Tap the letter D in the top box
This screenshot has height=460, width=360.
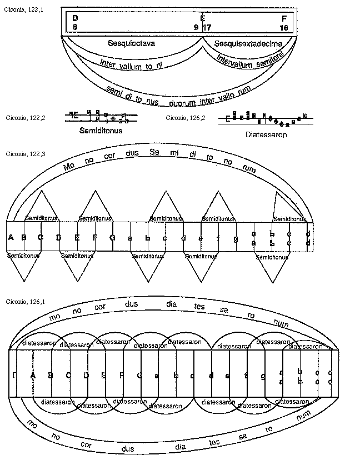pos(75,18)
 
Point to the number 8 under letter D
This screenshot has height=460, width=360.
pos(75,27)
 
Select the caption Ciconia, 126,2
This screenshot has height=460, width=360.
pos(186,117)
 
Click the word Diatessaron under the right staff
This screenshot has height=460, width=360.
pos(265,134)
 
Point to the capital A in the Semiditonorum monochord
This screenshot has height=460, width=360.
pos(11,238)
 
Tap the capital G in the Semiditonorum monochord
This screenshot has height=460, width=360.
pos(112,238)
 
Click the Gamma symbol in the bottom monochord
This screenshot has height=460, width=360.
pos(13,376)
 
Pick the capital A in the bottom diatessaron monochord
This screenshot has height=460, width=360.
pos(33,376)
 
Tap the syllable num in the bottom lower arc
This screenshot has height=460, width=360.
pos(303,414)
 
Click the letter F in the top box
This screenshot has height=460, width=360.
pos(284,18)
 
